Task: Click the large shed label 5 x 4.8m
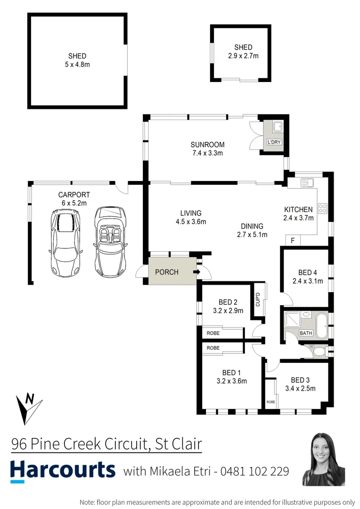(x=77, y=65)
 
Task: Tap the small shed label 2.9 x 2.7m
(x=243, y=56)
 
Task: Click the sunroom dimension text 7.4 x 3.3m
(x=207, y=153)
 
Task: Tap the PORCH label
(x=167, y=272)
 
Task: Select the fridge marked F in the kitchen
(x=293, y=241)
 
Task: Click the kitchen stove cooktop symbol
(x=324, y=208)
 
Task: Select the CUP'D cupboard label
(x=258, y=300)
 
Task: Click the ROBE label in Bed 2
(x=213, y=333)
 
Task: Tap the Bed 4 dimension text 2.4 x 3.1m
(x=307, y=281)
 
